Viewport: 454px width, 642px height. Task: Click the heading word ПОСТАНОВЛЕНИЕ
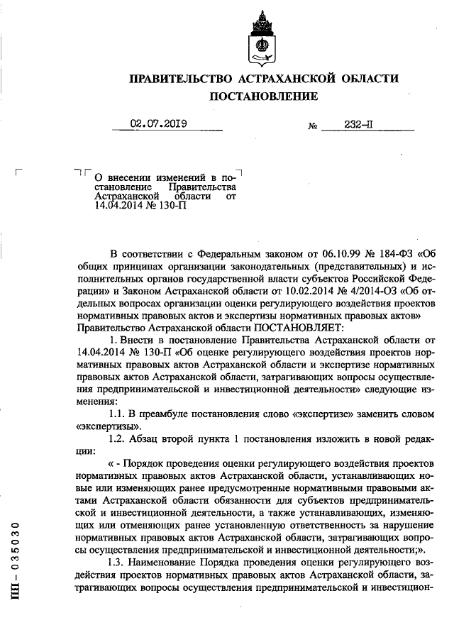pyautogui.click(x=263, y=96)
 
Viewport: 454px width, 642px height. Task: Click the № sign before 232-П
pyautogui.click(x=312, y=127)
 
